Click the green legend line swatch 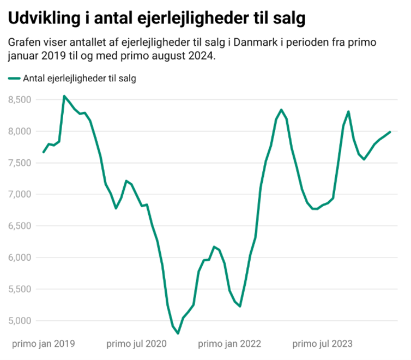point(14,79)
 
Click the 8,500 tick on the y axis point(21,100)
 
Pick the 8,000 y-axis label point(21,131)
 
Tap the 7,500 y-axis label point(21,163)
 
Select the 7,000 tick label point(21,195)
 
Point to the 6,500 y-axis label point(21,226)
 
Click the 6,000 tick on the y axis point(21,257)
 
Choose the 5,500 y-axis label point(21,289)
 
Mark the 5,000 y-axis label point(21,321)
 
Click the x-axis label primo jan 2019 point(44,344)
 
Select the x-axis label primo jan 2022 point(229,344)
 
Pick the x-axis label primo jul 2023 point(323,344)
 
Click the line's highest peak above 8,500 point(64,96)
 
